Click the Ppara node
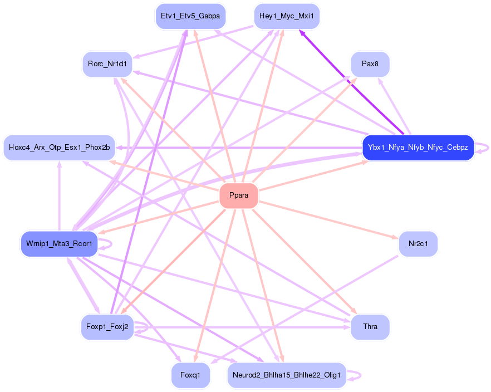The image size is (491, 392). [239, 196]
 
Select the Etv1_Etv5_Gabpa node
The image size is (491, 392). [190, 16]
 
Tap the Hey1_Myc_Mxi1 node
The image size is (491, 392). [287, 16]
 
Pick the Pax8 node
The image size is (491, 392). [370, 64]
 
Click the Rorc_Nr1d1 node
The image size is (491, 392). [107, 64]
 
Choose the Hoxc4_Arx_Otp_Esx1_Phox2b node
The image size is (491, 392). [59, 148]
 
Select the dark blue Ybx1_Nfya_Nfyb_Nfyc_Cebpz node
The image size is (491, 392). [418, 148]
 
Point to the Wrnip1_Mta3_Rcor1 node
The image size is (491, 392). [59, 244]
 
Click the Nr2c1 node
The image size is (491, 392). [418, 244]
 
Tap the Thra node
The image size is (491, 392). [370, 327]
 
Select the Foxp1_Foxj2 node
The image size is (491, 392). [107, 327]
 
